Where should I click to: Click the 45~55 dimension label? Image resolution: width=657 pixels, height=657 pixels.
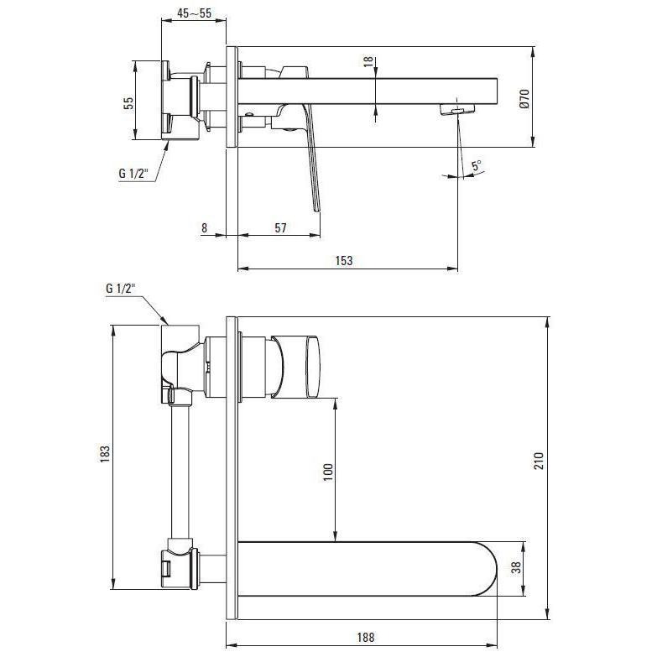pos(194,13)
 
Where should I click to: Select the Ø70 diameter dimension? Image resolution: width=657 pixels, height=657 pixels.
pos(524,99)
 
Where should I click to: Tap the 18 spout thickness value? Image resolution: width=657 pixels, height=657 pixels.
pos(368,61)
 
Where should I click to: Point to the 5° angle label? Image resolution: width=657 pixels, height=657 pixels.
pos(477,165)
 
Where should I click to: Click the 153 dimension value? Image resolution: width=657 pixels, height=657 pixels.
pos(344,261)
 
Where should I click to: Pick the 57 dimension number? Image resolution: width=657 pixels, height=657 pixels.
pos(280,228)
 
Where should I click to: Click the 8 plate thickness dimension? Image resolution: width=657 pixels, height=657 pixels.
pos(204,228)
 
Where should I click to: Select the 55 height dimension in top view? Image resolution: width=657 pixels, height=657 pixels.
pos(128,103)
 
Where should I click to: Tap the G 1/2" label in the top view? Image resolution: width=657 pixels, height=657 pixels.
pos(133,173)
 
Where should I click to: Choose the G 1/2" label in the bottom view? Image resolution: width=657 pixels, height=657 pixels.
pos(121,289)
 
